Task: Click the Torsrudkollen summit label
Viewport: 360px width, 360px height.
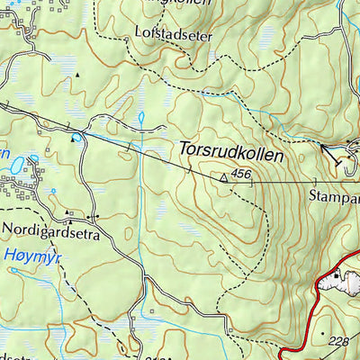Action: (231, 154)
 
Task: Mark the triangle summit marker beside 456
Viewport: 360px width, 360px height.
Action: (224, 178)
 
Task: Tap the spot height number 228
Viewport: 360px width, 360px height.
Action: (339, 340)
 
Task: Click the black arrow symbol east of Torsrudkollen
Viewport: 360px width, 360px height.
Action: (333, 155)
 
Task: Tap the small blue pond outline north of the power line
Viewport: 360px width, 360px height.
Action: (140, 118)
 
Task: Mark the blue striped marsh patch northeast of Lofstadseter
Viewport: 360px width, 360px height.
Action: (267, 36)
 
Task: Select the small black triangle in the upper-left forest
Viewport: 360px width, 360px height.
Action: (78, 74)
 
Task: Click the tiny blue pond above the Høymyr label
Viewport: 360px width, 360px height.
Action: (53, 192)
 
